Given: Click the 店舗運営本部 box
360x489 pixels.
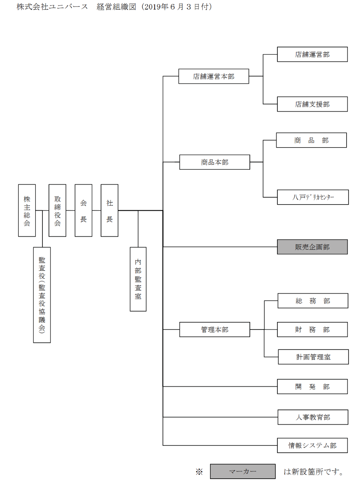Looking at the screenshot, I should (213, 76).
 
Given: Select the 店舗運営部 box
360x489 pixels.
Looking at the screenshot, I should (312, 54).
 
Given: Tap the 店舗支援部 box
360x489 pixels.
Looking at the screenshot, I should (312, 104).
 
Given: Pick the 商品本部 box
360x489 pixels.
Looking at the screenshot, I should (215, 162).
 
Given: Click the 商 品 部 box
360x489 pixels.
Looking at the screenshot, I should (311, 140).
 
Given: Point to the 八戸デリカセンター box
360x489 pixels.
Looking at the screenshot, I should (312, 197).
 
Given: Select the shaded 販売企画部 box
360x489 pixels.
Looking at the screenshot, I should (312, 247).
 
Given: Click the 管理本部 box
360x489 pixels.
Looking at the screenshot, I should (215, 330).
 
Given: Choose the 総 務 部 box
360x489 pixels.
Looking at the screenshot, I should (313, 301).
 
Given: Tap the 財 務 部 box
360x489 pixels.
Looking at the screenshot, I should (312, 330).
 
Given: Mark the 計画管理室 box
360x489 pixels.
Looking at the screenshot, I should (313, 357).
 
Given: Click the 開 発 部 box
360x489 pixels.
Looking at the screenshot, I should (312, 387).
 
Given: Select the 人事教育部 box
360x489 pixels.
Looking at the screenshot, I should (313, 417).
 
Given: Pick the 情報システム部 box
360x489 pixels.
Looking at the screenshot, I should (312, 445).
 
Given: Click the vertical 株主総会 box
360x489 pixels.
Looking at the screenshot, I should (27, 210).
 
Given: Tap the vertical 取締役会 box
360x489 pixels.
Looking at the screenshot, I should (57, 210).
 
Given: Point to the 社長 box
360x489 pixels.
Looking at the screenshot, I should (109, 210).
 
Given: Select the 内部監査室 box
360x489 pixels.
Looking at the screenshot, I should (138, 279).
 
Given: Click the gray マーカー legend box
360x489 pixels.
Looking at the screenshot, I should (243, 471).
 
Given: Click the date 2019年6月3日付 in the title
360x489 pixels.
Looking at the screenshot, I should (177, 7).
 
